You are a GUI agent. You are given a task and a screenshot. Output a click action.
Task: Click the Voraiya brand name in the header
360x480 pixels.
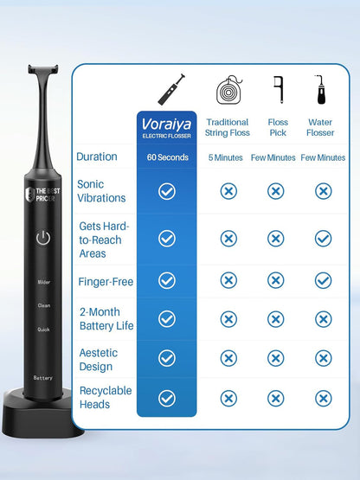tap(166, 124)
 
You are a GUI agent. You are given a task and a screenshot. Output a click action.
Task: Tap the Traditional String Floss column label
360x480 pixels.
tap(228, 127)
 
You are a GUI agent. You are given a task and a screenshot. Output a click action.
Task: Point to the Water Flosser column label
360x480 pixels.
tap(320, 127)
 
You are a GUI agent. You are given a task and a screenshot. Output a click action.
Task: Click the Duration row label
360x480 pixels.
tap(97, 157)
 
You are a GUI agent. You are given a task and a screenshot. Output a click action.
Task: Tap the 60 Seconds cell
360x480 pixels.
tap(167, 157)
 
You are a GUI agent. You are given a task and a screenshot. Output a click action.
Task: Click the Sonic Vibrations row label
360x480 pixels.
tap(101, 191)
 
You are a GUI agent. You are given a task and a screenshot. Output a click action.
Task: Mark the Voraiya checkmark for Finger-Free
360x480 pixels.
tap(167, 280)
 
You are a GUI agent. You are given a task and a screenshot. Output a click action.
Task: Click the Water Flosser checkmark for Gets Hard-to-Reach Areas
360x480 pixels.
tap(323, 239)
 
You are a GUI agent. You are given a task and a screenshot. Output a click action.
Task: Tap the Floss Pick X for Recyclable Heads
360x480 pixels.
tap(275, 398)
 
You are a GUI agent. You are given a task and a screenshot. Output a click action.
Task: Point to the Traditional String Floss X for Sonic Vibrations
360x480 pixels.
tap(228, 191)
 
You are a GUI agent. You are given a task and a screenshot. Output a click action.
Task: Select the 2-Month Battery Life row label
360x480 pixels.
tap(106, 318)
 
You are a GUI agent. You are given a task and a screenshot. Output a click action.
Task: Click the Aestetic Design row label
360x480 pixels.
tap(99, 359)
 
